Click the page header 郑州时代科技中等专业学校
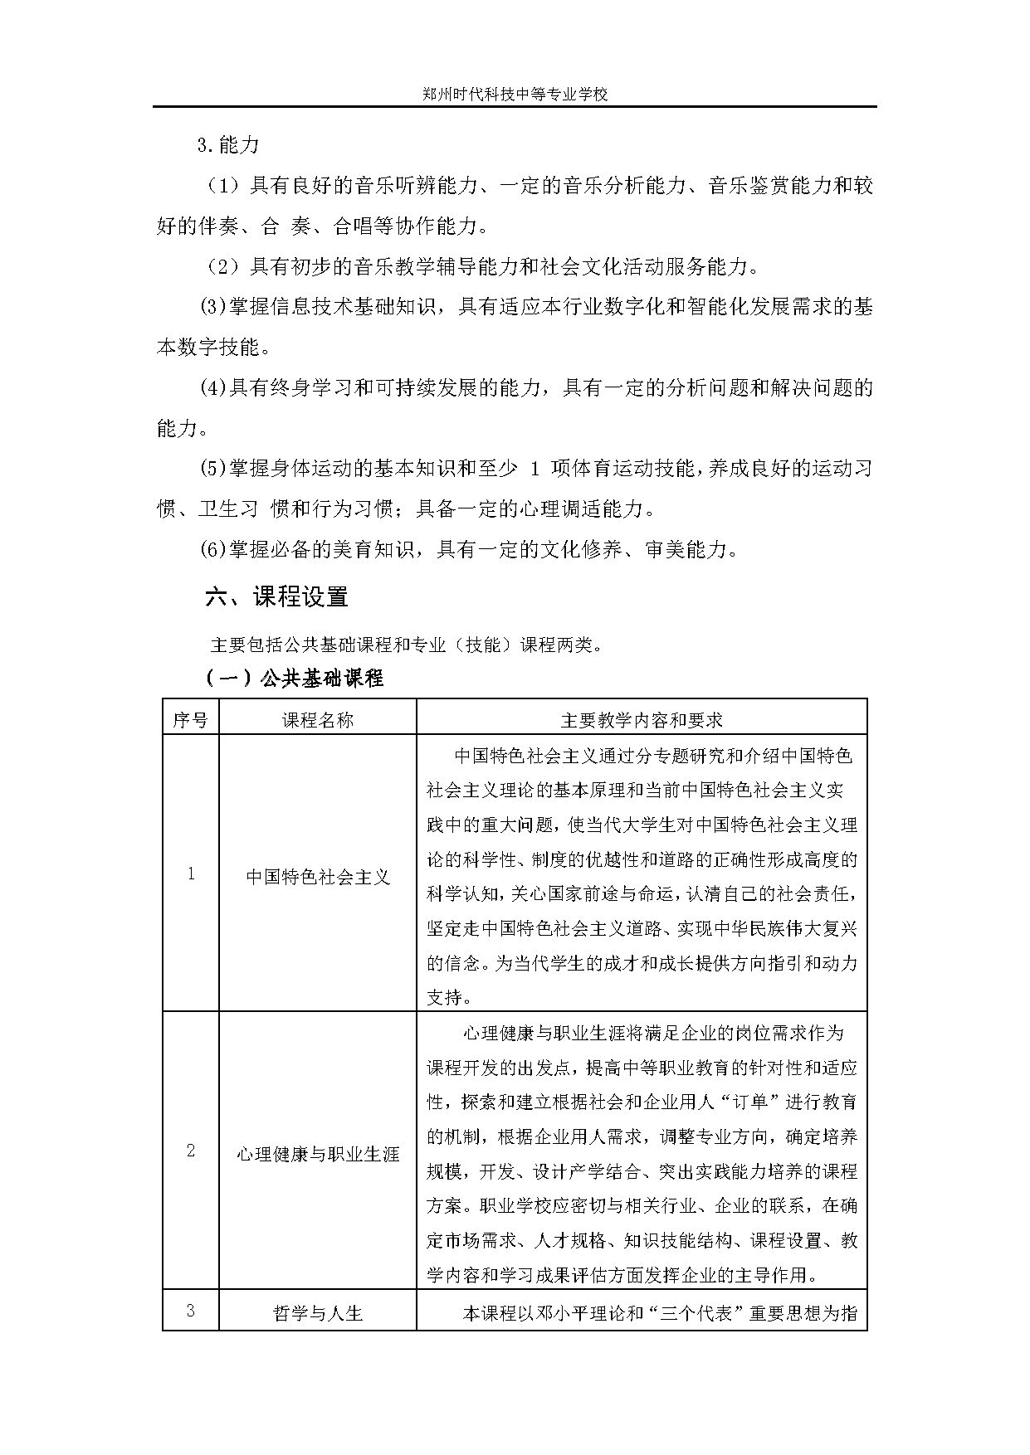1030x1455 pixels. [x=514, y=95]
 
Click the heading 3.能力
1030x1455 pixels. [x=228, y=145]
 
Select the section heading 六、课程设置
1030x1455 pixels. [x=276, y=596]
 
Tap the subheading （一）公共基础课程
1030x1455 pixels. [x=295, y=678]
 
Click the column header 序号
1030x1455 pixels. [x=190, y=719]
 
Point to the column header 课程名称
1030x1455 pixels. [x=318, y=719]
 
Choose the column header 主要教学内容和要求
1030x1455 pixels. [x=642, y=719]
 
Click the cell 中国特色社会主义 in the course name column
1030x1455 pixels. [x=318, y=877]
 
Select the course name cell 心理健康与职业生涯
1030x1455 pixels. [x=318, y=1154]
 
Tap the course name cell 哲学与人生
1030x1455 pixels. [x=318, y=1313]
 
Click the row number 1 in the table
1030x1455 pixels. [x=191, y=873]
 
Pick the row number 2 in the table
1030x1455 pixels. [x=191, y=1151]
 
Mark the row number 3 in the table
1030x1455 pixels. [x=191, y=1311]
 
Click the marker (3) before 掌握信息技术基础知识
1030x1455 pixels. [x=213, y=307]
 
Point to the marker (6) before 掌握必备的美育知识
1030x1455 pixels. [x=213, y=548]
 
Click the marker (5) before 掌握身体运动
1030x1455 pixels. [x=213, y=468]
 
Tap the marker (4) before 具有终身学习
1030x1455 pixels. [x=213, y=387]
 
